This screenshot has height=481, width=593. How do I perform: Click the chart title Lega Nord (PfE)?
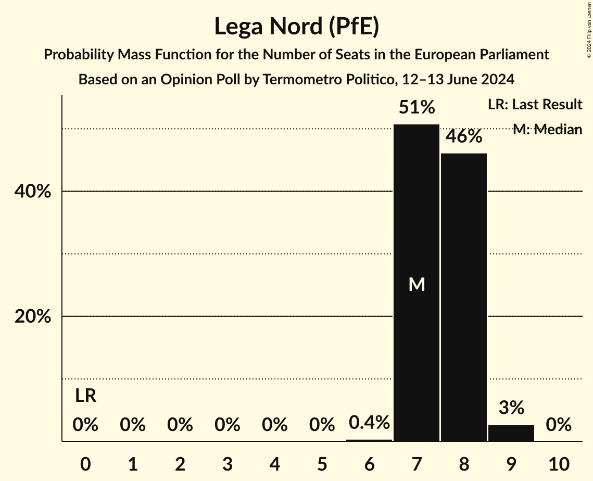296,27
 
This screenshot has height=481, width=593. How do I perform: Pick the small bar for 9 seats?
511,433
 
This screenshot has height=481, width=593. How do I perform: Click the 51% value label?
417,108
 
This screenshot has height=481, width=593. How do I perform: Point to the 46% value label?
463,136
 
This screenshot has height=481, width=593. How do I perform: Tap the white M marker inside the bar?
417,284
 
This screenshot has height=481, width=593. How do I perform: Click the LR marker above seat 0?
85,396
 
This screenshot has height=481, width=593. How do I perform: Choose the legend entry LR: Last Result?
535,105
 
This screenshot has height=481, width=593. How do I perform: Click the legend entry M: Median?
547,130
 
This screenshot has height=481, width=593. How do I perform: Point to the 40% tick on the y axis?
33,192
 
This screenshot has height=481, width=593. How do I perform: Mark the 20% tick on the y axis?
33,317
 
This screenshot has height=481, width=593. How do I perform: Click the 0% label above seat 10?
558,425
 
